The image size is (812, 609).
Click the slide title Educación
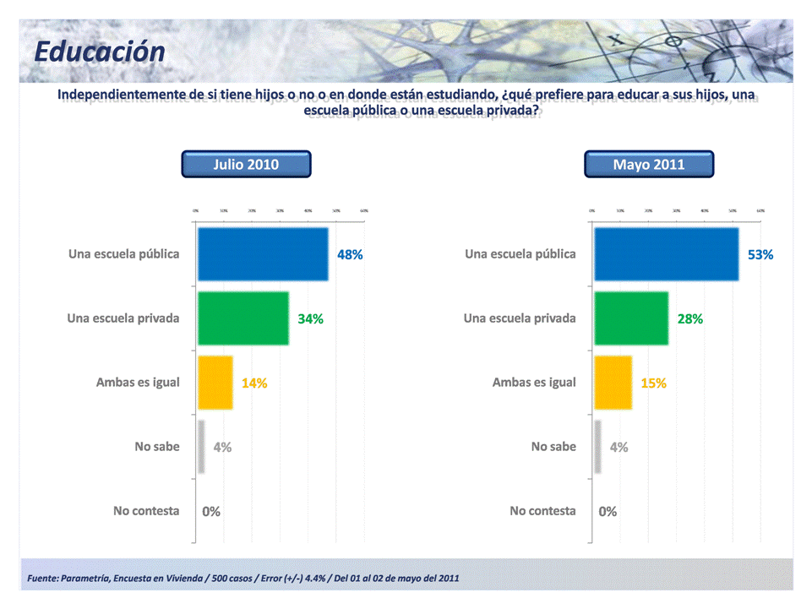(x=100, y=52)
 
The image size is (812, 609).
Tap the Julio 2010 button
(x=246, y=165)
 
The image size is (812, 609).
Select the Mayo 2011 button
(x=649, y=165)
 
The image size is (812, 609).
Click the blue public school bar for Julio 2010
(x=263, y=254)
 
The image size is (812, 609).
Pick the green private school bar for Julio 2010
(x=243, y=318)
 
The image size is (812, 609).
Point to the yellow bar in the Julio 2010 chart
(x=215, y=383)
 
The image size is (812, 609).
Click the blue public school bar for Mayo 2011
(x=667, y=254)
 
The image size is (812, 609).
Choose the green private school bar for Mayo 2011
(x=631, y=318)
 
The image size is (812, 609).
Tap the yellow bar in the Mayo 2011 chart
(x=613, y=383)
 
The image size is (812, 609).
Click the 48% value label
(x=350, y=254)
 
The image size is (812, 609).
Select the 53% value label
(x=760, y=254)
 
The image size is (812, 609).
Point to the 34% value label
(x=310, y=319)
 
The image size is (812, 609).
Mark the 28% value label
(x=689, y=319)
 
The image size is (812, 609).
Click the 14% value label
(x=254, y=383)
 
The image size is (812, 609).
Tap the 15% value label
(x=653, y=383)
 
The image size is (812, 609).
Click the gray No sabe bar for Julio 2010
(x=201, y=447)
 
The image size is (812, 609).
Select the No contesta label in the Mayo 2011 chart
(x=542, y=511)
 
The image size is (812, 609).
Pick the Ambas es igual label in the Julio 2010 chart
(x=138, y=383)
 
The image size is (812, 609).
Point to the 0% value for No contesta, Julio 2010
(x=211, y=512)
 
